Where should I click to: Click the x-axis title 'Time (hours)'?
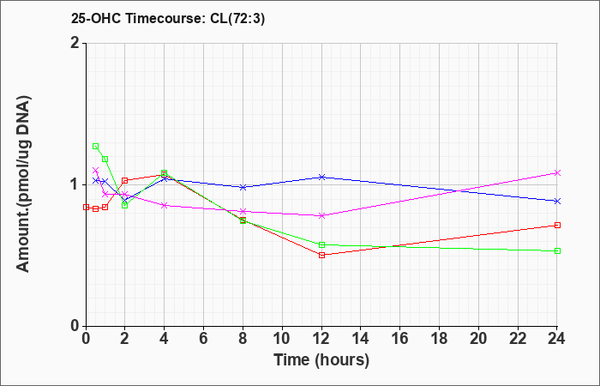321,359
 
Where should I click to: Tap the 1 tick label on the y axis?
75,184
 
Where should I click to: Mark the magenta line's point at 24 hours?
557,172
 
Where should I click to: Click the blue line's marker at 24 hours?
557,201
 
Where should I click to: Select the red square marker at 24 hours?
557,225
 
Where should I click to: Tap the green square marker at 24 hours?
557,250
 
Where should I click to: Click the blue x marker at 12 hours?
321,177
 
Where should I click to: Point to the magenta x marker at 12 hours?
321,215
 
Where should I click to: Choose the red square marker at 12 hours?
321,255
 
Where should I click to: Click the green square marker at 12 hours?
321,244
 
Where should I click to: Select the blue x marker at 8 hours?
243,187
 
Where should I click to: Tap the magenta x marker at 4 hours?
165,205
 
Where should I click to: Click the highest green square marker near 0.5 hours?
95,146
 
